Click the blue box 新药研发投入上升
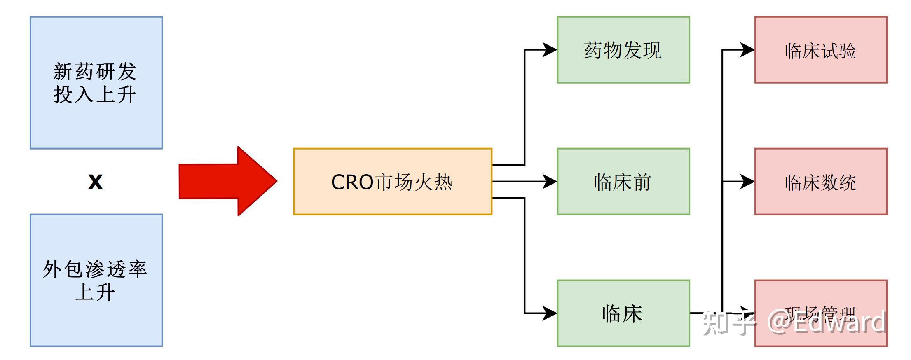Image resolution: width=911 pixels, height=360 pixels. [x=96, y=82]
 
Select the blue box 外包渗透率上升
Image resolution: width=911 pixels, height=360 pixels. [x=96, y=280]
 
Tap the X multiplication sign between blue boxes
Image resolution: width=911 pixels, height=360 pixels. [x=95, y=182]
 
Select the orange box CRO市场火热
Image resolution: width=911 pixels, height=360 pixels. [x=392, y=181]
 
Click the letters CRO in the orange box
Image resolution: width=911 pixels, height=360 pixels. [x=352, y=182]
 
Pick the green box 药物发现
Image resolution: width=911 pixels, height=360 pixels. [x=623, y=50]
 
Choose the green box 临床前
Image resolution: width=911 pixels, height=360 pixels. [x=623, y=182]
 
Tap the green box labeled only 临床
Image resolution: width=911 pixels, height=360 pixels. [x=623, y=313]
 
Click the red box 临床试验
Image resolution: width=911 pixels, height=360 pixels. [x=820, y=50]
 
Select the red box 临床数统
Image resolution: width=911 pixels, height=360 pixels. [x=820, y=182]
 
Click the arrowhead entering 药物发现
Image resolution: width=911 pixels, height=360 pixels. [x=550, y=50]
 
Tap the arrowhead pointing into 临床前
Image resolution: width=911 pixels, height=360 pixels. [x=550, y=181]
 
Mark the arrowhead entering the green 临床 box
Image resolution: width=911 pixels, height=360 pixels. [x=550, y=313]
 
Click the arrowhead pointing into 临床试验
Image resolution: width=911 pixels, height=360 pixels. [x=747, y=50]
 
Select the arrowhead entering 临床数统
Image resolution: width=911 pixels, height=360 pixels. [x=747, y=181]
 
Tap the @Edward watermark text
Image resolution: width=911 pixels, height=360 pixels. [x=826, y=323]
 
